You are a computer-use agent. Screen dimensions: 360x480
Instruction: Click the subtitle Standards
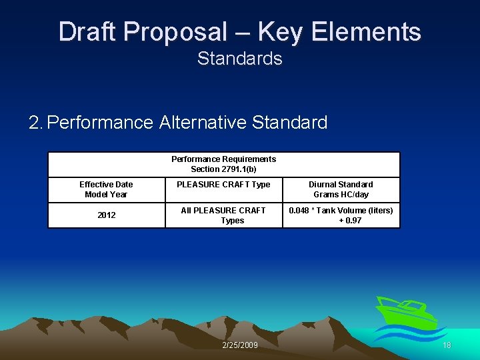click(240, 59)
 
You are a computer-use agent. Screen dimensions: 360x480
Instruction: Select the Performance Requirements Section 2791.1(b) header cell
click(224, 164)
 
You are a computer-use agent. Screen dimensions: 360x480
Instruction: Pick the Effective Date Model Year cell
click(106, 189)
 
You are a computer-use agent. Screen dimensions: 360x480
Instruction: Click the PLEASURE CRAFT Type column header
click(223, 185)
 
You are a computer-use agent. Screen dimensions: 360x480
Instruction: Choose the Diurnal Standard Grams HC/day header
click(341, 189)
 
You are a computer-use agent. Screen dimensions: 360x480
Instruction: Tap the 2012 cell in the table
click(106, 215)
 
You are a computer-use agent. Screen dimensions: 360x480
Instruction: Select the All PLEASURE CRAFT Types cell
click(223, 215)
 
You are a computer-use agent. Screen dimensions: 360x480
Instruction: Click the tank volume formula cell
click(341, 215)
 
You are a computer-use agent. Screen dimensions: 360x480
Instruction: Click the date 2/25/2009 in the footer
click(239, 345)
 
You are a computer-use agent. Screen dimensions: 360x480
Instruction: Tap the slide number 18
click(447, 345)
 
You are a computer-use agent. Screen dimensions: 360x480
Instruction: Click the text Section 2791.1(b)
click(224, 169)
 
